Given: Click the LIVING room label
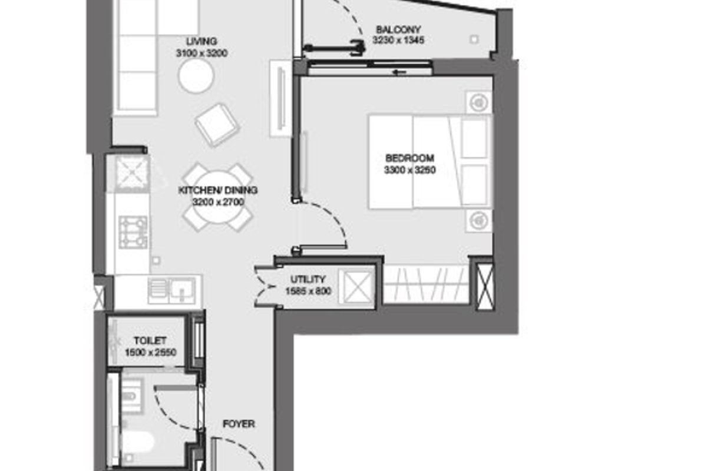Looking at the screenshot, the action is pyautogui.click(x=201, y=41).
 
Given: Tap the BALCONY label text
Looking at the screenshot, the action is pyautogui.click(x=398, y=29).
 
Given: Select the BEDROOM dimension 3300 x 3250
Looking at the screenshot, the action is pyautogui.click(x=409, y=170).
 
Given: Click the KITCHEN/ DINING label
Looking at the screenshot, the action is pyautogui.click(x=218, y=190).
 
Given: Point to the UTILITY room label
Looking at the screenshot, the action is pyautogui.click(x=308, y=279).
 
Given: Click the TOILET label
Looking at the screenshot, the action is pyautogui.click(x=150, y=341).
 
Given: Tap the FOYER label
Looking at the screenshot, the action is pyautogui.click(x=239, y=424).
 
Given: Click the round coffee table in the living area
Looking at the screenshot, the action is pyautogui.click(x=196, y=76).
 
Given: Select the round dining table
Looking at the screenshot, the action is pyautogui.click(x=217, y=197).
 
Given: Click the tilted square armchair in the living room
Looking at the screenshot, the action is pyautogui.click(x=217, y=125).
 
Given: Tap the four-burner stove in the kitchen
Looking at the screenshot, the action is pyautogui.click(x=133, y=232).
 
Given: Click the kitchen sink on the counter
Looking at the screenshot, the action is pyautogui.click(x=182, y=291).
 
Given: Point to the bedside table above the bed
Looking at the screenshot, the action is pyautogui.click(x=478, y=102).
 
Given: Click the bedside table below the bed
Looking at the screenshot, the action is pyautogui.click(x=478, y=221).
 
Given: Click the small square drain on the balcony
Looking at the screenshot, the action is pyautogui.click(x=474, y=39).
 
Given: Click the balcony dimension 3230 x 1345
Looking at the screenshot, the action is pyautogui.click(x=398, y=41).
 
